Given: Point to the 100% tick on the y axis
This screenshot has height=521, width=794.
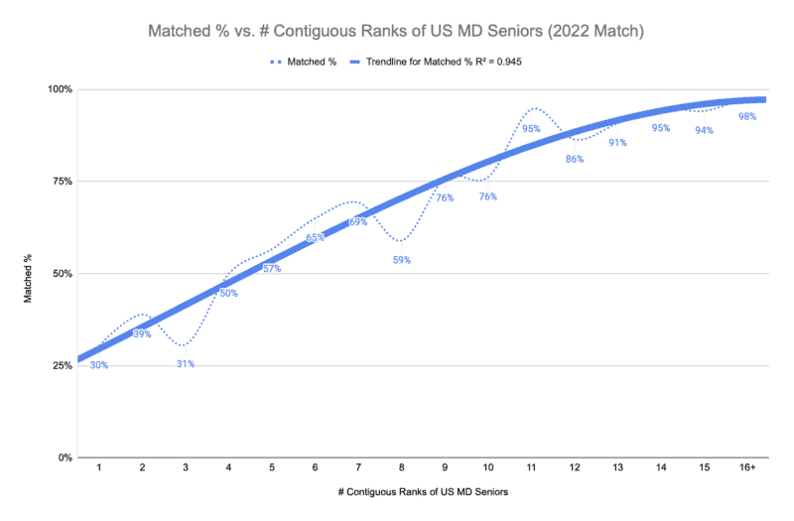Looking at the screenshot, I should pyautogui.click(x=61, y=89).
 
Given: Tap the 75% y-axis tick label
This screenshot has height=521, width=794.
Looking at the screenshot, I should pyautogui.click(x=63, y=182).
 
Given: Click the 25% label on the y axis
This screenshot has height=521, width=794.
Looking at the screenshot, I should pyautogui.click(x=63, y=365).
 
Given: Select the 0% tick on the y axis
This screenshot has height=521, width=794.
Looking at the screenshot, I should pyautogui.click(x=65, y=457).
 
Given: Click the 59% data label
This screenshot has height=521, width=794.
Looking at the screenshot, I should pyautogui.click(x=401, y=260).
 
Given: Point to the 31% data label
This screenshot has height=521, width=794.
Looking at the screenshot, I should pyautogui.click(x=186, y=363).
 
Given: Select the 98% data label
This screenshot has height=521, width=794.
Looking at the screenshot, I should pyautogui.click(x=747, y=116).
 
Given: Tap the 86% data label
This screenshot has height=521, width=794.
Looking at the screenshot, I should pyautogui.click(x=574, y=159).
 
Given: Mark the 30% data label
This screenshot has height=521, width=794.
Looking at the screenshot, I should pyautogui.click(x=98, y=365).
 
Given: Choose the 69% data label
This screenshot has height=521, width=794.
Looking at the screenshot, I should pyautogui.click(x=358, y=221).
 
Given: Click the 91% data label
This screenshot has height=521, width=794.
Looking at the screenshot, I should pyautogui.click(x=617, y=142).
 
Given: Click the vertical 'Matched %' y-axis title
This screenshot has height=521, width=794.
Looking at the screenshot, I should pyautogui.click(x=29, y=273).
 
